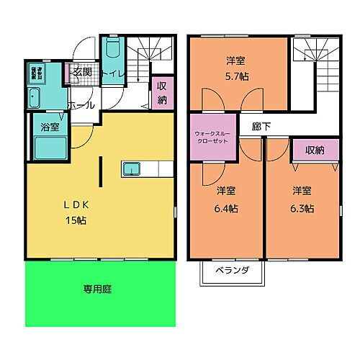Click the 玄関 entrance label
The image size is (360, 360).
81,73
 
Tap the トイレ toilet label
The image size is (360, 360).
112,73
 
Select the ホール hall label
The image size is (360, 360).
81,105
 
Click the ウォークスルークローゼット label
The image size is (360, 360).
213,137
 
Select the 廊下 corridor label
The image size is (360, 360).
261,125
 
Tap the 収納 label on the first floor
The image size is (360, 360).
162,91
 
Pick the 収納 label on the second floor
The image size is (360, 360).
314,150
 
